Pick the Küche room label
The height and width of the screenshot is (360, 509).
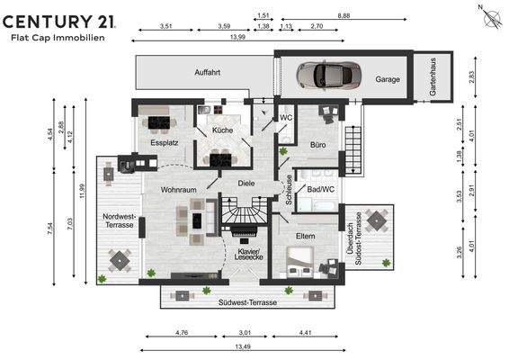(222, 130)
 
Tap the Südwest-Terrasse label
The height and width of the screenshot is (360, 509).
(247, 302)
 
